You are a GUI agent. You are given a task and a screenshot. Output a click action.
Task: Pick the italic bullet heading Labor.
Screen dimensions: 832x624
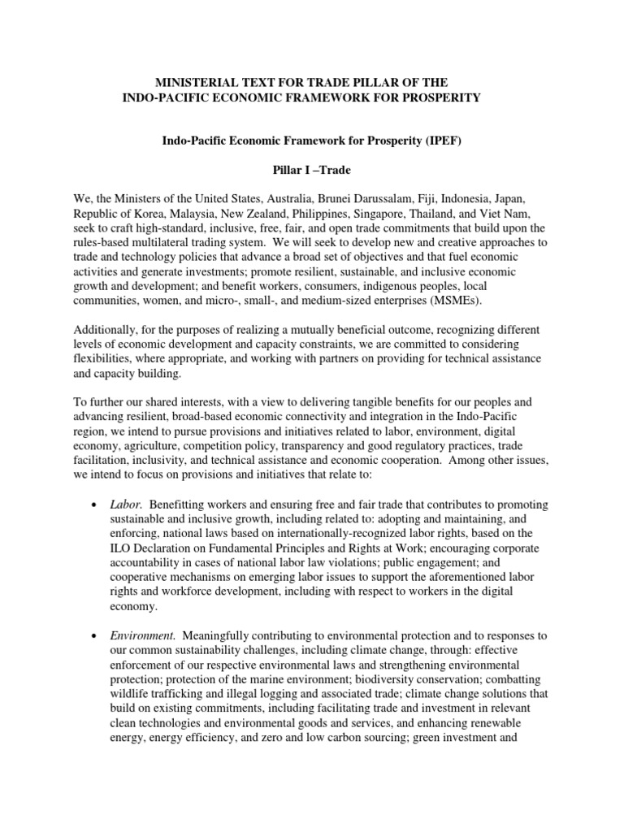pos(125,505)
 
